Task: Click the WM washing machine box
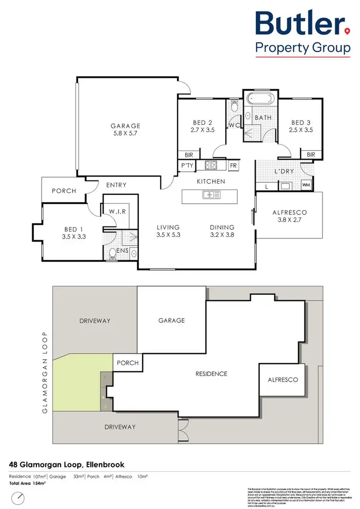click(306, 185)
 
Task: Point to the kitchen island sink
click(212, 195)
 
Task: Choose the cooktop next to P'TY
click(211, 166)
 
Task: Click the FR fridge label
click(234, 166)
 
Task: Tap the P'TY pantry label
click(186, 166)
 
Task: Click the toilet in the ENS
click(113, 253)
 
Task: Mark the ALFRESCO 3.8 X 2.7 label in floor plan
click(289, 216)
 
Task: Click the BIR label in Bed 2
click(189, 154)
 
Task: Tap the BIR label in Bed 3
click(311, 154)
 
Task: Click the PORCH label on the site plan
click(128, 363)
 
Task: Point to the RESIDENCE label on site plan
click(211, 374)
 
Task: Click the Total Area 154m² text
click(27, 483)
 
